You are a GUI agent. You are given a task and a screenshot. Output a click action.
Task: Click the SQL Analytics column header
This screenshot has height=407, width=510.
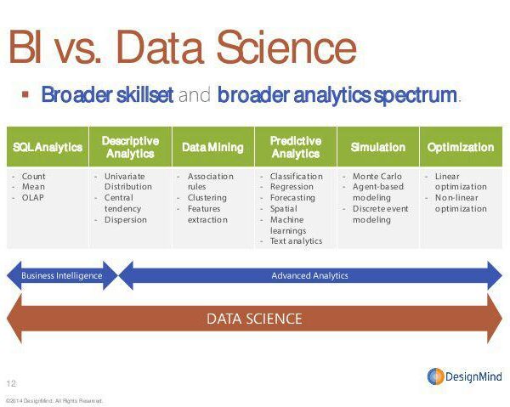(48, 147)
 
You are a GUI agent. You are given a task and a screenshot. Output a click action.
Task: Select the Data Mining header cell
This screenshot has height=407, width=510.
(213, 147)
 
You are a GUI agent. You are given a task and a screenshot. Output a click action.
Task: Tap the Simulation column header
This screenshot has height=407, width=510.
(378, 147)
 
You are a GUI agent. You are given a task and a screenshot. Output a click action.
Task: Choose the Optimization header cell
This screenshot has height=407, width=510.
(461, 147)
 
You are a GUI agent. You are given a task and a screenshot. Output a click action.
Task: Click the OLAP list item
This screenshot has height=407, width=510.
(33, 198)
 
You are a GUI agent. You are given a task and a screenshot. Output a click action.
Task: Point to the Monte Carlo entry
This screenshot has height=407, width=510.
(377, 176)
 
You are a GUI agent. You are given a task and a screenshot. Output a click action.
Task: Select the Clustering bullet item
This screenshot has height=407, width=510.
(207, 198)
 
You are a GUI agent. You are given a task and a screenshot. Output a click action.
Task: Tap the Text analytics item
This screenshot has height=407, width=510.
(297, 240)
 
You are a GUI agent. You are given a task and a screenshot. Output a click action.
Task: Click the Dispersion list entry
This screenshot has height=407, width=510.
(126, 220)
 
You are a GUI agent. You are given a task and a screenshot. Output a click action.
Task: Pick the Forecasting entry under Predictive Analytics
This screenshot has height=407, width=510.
(292, 198)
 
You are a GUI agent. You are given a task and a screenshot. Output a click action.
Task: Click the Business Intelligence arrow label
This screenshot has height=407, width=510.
(62, 275)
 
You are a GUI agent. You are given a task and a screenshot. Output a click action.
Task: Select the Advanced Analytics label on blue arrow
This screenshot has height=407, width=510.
(309, 275)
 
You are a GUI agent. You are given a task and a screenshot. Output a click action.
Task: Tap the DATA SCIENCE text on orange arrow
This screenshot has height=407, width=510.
(254, 319)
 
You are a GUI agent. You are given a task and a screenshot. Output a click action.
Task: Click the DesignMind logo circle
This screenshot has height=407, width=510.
(435, 376)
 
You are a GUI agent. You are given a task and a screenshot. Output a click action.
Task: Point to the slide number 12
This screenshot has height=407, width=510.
(11, 383)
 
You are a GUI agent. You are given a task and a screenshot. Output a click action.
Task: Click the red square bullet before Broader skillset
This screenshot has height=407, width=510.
(25, 94)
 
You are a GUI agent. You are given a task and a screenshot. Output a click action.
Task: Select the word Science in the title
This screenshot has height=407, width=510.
(287, 48)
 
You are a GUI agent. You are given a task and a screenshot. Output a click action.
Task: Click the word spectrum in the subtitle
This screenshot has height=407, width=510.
(416, 95)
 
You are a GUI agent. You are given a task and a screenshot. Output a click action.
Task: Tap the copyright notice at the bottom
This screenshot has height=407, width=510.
(54, 400)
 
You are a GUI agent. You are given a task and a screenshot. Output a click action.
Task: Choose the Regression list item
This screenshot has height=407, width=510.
(292, 187)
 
